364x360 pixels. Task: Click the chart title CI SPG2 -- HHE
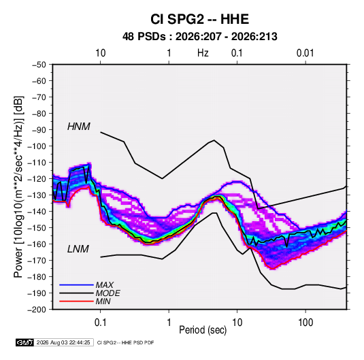point(199,19)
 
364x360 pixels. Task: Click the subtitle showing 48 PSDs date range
point(199,37)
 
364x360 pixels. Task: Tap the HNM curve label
point(79,127)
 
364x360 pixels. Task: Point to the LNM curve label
point(78,249)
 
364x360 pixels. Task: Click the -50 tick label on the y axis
point(39,65)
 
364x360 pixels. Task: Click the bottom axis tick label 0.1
point(100,323)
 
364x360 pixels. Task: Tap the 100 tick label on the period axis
point(305,323)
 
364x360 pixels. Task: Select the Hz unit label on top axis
point(203,53)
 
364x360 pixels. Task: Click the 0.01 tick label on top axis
point(305,53)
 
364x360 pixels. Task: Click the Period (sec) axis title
point(203,330)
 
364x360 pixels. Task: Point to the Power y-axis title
point(18,186)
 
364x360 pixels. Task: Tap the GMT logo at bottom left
point(25,342)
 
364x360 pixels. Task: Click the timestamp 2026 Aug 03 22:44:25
point(63,342)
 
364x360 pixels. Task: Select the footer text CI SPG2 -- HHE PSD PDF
point(125,342)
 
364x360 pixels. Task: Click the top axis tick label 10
point(100,53)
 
